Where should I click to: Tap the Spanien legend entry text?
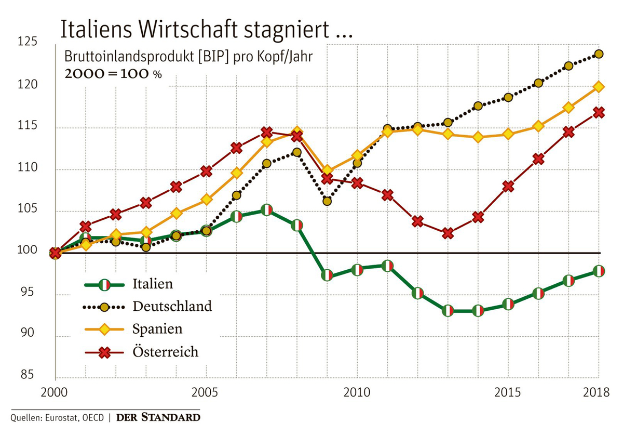(157, 329)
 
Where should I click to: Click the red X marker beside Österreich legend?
(104, 352)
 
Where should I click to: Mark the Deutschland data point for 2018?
(598, 54)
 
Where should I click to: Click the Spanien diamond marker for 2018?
(598, 87)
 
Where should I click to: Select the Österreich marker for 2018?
(598, 112)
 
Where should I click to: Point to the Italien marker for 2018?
(598, 271)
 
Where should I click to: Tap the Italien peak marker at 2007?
(266, 210)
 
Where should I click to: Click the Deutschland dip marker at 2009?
(327, 201)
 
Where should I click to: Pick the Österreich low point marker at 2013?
(448, 233)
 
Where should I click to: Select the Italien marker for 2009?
(327, 275)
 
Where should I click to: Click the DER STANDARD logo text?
(158, 417)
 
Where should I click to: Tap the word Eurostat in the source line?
(60, 417)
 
